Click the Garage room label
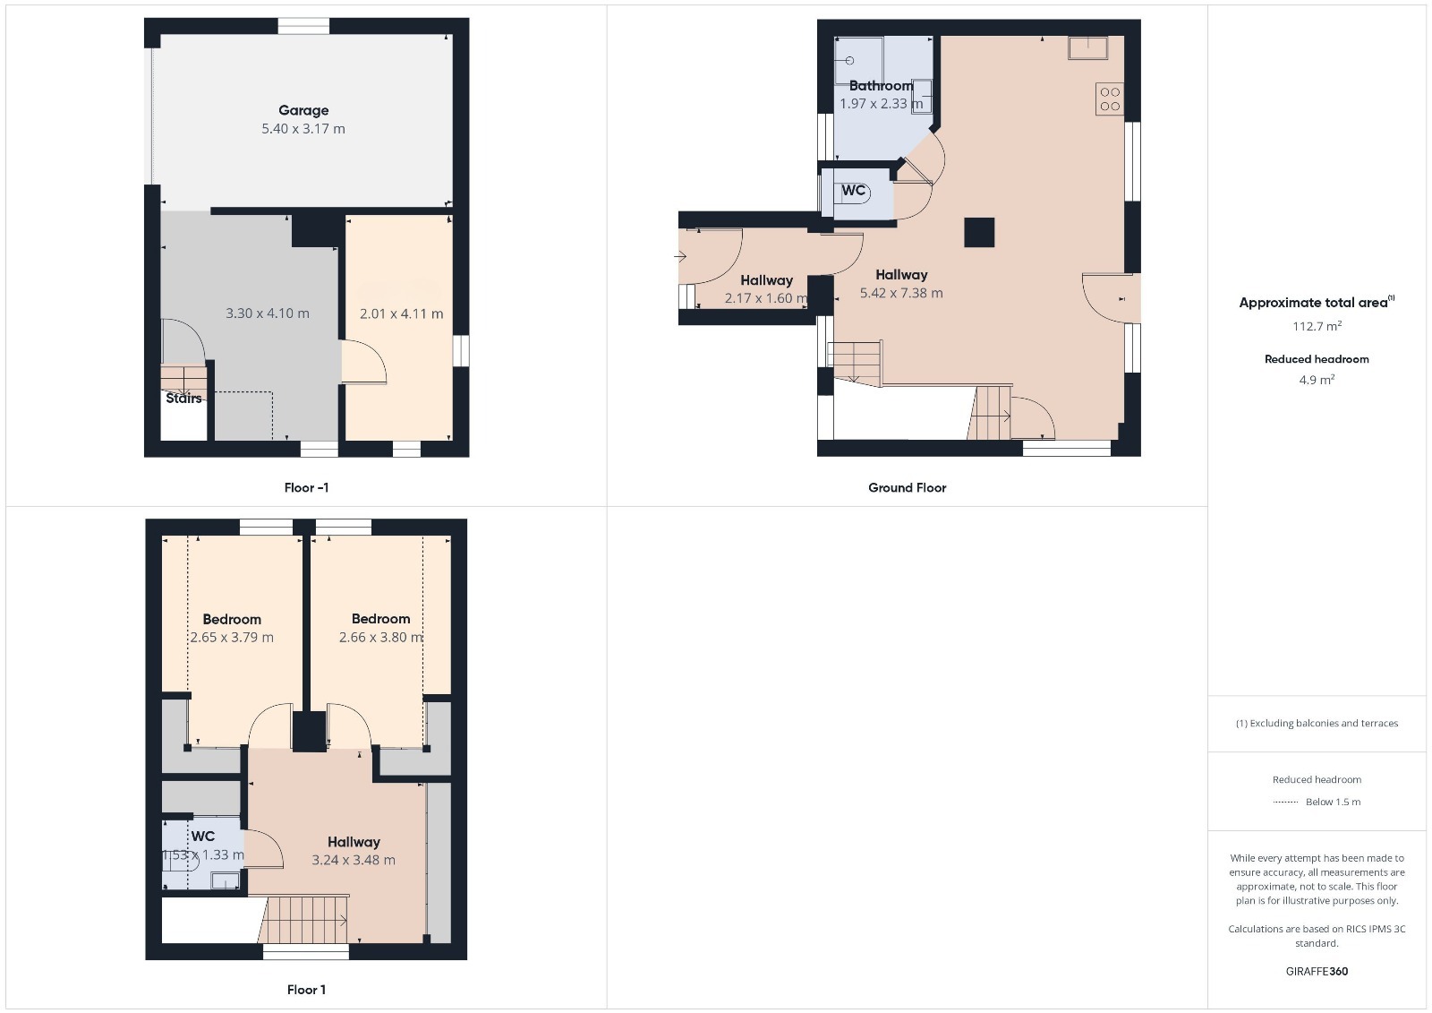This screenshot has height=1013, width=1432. (x=303, y=111)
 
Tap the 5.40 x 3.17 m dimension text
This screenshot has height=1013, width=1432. (x=303, y=129)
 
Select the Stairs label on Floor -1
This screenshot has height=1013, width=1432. (x=183, y=398)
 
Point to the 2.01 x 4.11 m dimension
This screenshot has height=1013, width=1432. (x=401, y=313)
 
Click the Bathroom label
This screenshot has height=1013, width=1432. (x=881, y=86)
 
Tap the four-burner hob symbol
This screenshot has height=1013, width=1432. (x=1110, y=99)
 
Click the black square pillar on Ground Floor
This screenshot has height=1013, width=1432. (x=979, y=232)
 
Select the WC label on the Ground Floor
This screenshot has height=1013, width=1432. (x=854, y=190)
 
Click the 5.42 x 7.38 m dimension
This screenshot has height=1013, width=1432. (x=900, y=293)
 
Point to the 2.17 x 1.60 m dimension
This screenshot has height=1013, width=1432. (x=766, y=298)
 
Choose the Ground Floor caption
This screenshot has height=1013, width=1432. (x=907, y=487)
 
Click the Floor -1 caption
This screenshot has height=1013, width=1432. (x=306, y=487)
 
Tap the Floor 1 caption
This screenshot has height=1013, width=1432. (x=306, y=990)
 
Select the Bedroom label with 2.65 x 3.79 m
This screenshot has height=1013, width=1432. (x=232, y=620)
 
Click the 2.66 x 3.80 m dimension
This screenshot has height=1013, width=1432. (x=380, y=638)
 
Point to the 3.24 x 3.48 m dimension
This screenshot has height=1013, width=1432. (x=353, y=860)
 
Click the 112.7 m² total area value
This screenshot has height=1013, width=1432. (x=1317, y=326)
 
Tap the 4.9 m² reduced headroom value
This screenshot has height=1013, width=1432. (x=1317, y=380)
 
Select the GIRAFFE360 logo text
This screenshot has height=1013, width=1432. (x=1317, y=972)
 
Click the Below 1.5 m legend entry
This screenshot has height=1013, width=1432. (x=1317, y=802)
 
